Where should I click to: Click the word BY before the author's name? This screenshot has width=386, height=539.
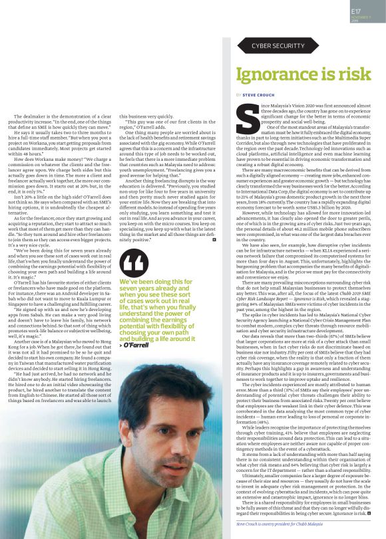(238, 95)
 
